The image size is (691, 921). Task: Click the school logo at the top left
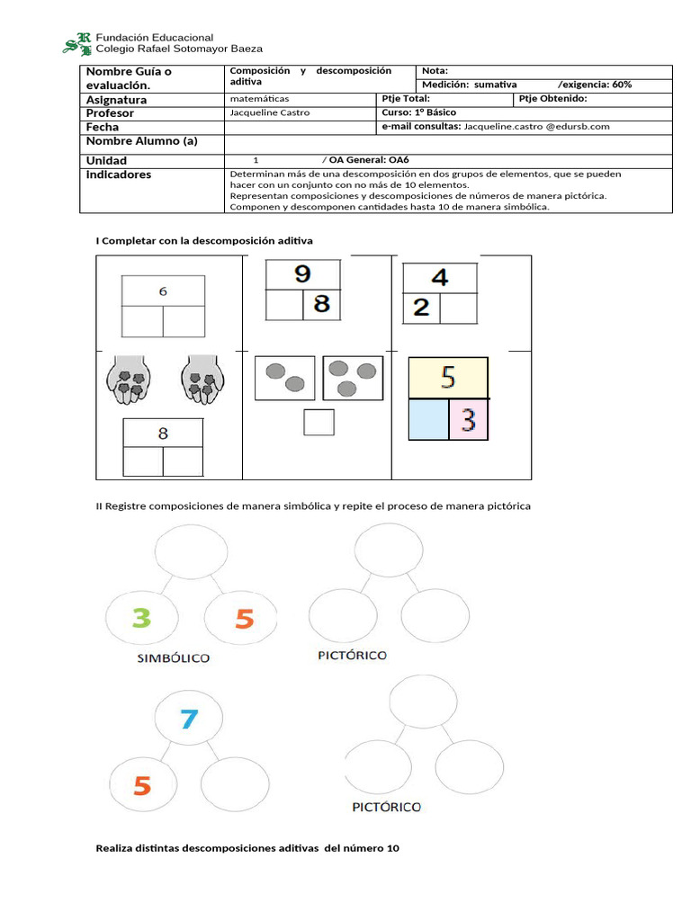tap(76, 42)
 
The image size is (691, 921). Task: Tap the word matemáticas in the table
tap(260, 99)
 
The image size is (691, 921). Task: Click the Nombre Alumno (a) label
tap(141, 141)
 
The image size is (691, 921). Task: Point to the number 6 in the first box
tap(163, 291)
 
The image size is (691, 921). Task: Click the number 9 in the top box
tap(302, 273)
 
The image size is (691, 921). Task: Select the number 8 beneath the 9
tap(320, 304)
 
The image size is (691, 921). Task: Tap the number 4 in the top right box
tap(439, 277)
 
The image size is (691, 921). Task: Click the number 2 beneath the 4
tap(421, 308)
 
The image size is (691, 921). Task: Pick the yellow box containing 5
tap(448, 378)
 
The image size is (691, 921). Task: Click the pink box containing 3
tap(468, 420)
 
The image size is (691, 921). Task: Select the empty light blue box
tap(428, 420)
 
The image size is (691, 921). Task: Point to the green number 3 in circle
tap(142, 619)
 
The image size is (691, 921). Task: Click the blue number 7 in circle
tap(188, 719)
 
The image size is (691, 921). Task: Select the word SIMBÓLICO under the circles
tap(174, 658)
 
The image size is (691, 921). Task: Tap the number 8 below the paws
tap(163, 434)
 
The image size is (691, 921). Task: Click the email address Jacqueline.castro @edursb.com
tap(536, 127)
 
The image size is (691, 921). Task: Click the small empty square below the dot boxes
tap(319, 422)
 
